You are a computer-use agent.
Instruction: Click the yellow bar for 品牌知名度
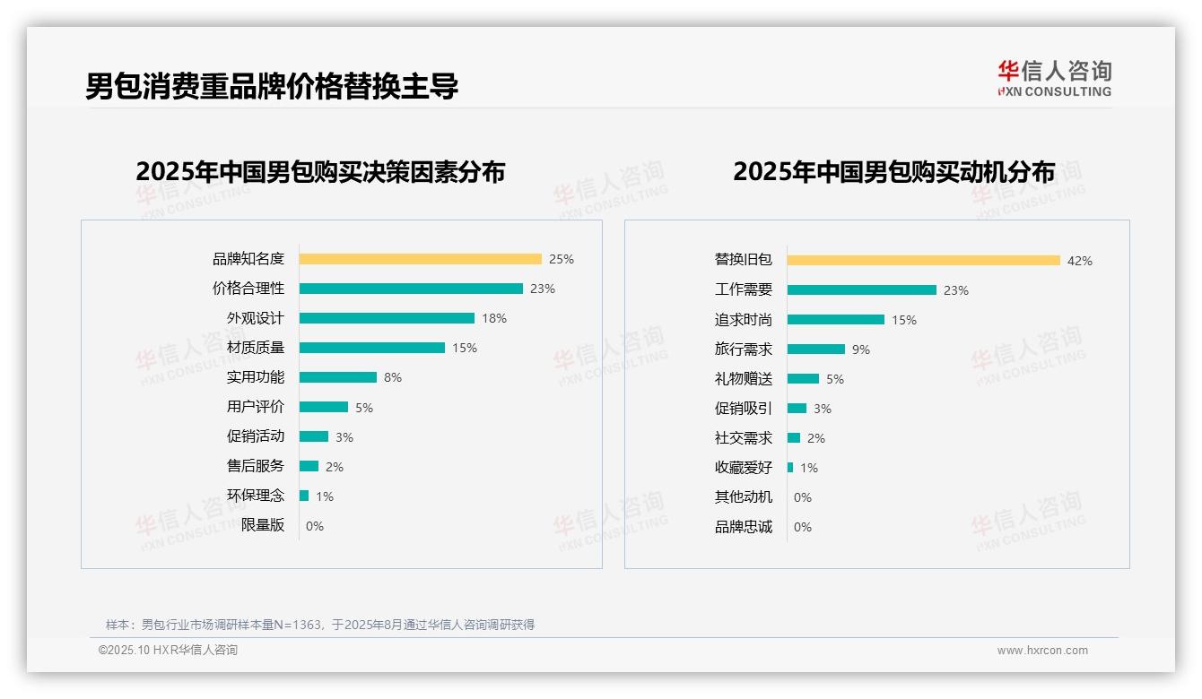pyautogui.click(x=420, y=259)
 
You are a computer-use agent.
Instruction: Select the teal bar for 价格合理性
pyautogui.click(x=411, y=289)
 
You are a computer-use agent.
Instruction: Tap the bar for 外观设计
pyautogui.click(x=387, y=318)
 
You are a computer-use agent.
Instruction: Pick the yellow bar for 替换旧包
pyautogui.click(x=924, y=260)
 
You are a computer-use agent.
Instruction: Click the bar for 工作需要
pyautogui.click(x=862, y=289)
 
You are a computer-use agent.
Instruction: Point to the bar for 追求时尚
pyautogui.click(x=836, y=319)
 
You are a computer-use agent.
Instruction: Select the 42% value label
pyautogui.click(x=1080, y=261)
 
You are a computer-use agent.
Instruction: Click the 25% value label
pyautogui.click(x=562, y=259)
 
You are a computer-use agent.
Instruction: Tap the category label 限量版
pyautogui.click(x=263, y=525)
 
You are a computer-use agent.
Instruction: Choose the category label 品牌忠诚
pyautogui.click(x=743, y=527)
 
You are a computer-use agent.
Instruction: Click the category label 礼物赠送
pyautogui.click(x=743, y=378)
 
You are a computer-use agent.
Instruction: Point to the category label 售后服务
pyautogui.click(x=256, y=466)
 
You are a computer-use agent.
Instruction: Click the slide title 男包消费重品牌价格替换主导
pyautogui.click(x=272, y=86)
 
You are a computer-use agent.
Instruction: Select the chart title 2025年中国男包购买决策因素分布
pyautogui.click(x=320, y=171)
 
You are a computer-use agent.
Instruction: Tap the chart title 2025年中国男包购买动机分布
pyautogui.click(x=893, y=171)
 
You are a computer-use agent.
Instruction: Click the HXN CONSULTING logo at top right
pyautogui.click(x=1054, y=78)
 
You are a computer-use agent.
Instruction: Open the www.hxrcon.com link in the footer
pyautogui.click(x=1042, y=651)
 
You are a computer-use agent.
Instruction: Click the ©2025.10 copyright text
pyautogui.click(x=168, y=651)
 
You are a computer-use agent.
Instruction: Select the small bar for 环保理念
pyautogui.click(x=304, y=496)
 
